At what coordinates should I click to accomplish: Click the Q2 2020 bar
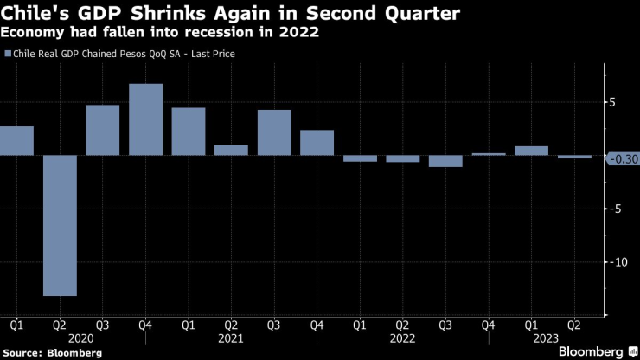coord(59,225)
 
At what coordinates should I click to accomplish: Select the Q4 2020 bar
coord(145,119)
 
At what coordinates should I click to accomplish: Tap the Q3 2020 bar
coord(102,130)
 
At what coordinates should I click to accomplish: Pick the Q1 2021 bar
coord(189,132)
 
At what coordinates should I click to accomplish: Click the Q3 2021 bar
coord(274,132)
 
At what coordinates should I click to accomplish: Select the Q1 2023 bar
coord(531,151)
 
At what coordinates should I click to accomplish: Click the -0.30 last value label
coord(623,158)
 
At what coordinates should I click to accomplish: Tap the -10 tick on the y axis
coord(615,262)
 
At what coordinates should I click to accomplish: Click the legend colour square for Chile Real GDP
coord(8,54)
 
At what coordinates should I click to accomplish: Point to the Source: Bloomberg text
coord(53,353)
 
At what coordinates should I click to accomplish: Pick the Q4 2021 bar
coord(317,143)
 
